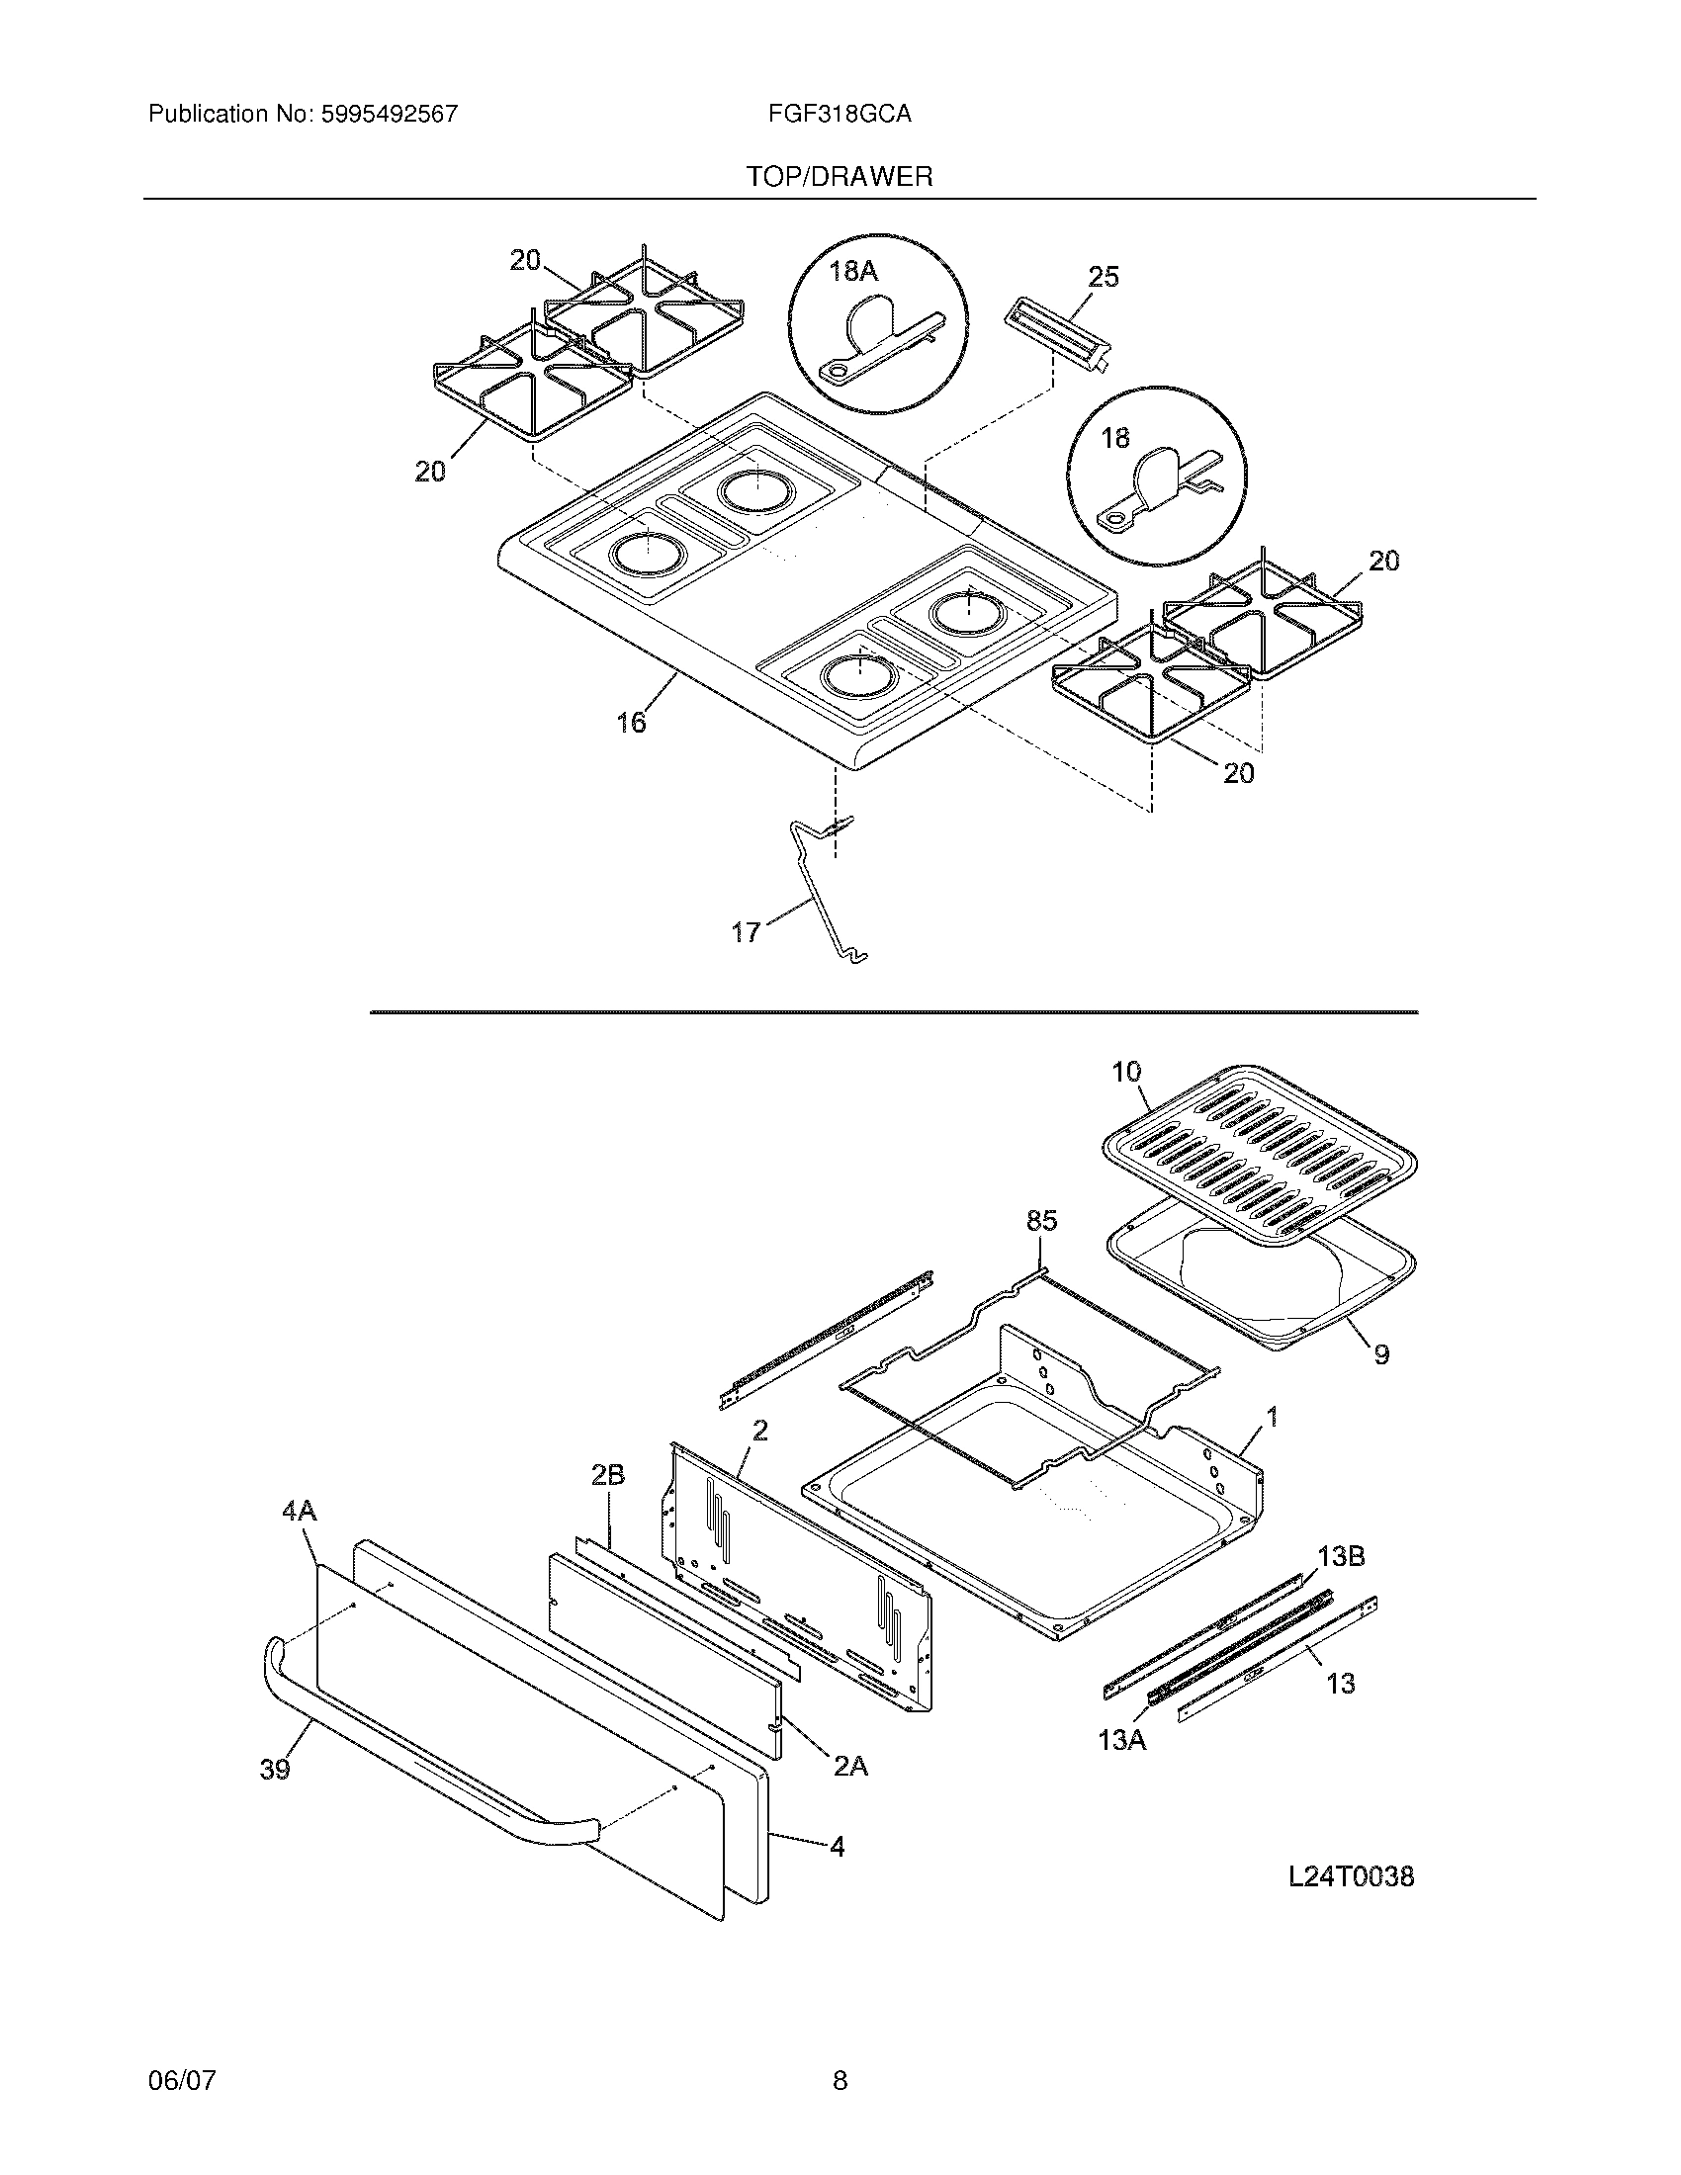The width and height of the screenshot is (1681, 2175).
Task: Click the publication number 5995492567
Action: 389,115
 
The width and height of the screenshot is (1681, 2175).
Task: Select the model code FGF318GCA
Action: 840,115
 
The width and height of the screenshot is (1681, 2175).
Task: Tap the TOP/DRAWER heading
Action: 840,177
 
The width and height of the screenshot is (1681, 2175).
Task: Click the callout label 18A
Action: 853,271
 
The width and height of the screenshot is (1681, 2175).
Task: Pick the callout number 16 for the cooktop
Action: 631,722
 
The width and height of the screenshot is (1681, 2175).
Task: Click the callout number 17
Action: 746,933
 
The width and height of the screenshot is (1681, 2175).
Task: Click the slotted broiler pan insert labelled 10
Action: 1260,1155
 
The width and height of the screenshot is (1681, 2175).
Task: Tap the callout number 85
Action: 1041,1220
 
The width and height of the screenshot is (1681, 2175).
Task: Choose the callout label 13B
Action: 1341,1556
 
